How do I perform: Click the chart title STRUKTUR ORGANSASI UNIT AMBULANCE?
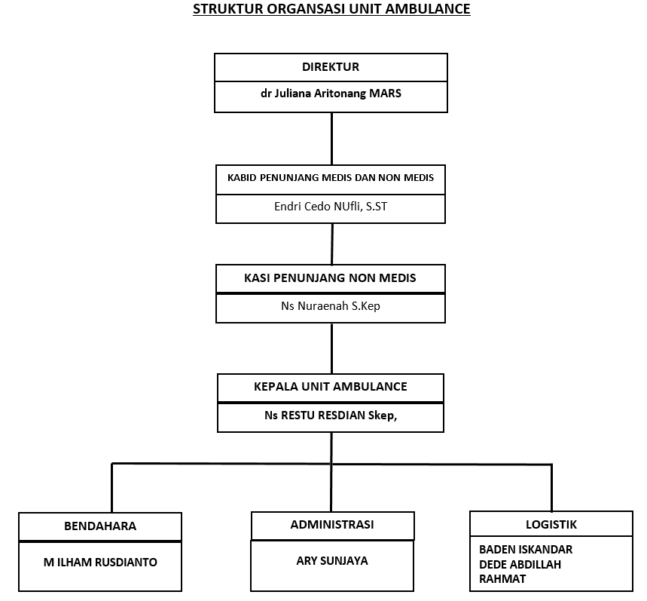click(331, 9)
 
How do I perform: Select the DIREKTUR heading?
click(331, 67)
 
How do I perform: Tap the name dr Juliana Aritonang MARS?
click(331, 94)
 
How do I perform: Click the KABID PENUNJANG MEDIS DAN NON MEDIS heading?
click(331, 178)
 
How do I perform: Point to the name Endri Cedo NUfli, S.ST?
click(331, 206)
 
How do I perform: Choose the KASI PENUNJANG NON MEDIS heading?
click(330, 278)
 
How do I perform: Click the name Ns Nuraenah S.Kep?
click(331, 306)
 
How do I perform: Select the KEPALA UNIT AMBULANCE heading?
click(331, 387)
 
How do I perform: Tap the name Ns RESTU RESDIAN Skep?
click(331, 415)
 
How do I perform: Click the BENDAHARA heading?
click(100, 526)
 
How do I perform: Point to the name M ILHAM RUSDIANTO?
click(100, 563)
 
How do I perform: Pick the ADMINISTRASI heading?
click(332, 525)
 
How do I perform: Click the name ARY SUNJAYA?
click(332, 561)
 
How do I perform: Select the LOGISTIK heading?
click(551, 525)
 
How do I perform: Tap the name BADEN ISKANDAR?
click(526, 550)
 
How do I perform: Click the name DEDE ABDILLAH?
click(520, 565)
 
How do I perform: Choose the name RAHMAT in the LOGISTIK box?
click(502, 579)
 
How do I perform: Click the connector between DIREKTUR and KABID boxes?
click(331, 139)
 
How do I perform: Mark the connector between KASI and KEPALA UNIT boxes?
click(331, 348)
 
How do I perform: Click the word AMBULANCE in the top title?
click(428, 9)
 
